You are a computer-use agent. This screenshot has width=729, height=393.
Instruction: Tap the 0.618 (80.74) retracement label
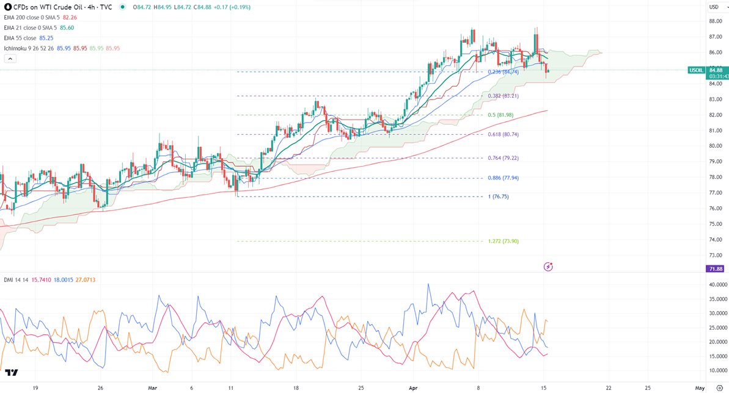pos(504,134)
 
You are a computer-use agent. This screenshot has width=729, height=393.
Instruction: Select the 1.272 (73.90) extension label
pos(504,241)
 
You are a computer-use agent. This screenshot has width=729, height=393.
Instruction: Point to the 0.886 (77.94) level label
pos(504,178)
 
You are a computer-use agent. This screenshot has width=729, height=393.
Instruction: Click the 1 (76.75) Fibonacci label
pos(498,196)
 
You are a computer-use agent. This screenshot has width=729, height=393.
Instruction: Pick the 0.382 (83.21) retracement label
pos(504,96)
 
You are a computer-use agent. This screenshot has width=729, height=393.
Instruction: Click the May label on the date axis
pos(700,388)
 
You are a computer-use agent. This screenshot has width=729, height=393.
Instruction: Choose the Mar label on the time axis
pos(152,388)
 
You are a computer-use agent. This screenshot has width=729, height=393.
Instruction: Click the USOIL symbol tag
pos(696,70)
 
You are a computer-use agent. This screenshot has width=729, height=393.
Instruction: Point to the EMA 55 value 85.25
pos(48,37)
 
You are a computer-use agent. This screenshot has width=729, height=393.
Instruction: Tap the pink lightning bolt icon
pos(548,267)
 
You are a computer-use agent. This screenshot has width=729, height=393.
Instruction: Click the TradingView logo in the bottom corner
pos(11,372)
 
